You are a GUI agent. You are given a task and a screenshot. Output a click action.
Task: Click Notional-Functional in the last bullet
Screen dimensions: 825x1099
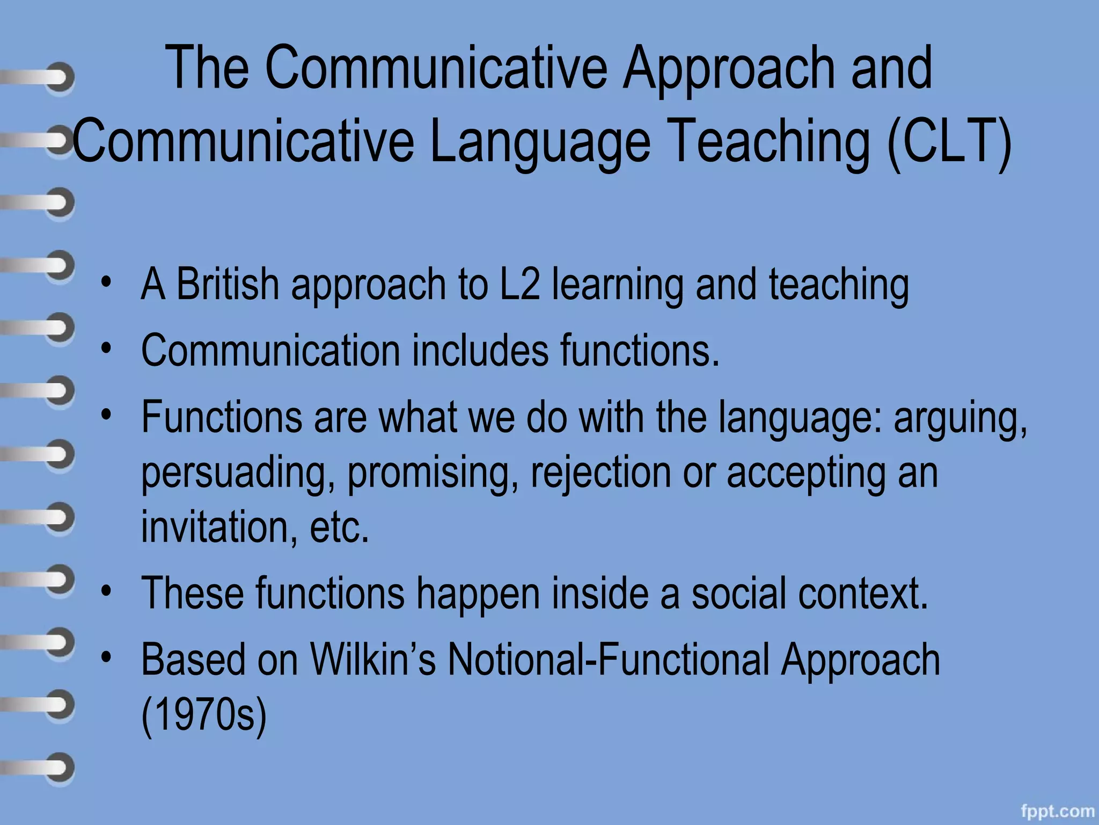click(609, 660)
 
